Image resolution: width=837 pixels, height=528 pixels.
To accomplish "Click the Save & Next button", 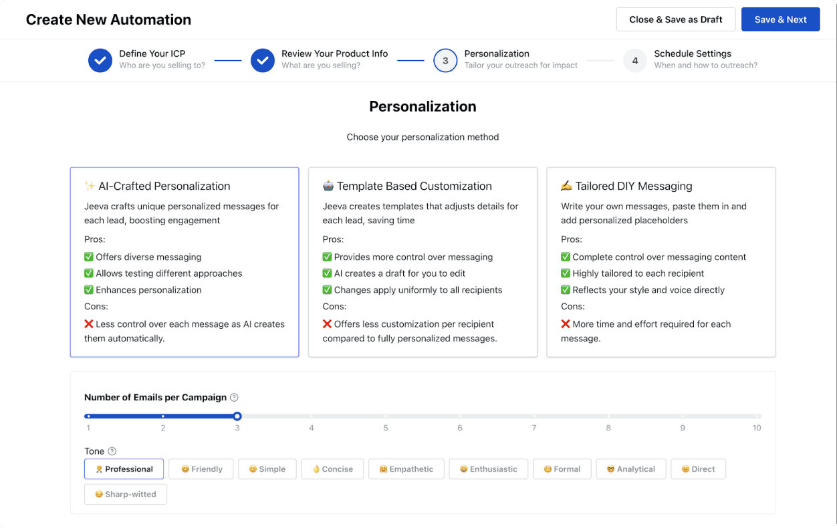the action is (780, 19).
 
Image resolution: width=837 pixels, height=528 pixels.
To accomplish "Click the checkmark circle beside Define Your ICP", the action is (100, 60).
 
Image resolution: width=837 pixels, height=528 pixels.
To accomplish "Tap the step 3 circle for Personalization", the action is (445, 60).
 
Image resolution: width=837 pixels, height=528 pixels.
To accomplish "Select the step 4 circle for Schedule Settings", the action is (635, 60).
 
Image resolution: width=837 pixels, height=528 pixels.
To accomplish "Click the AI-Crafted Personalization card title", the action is (164, 186).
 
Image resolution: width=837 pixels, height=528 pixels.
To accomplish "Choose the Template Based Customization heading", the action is (414, 186).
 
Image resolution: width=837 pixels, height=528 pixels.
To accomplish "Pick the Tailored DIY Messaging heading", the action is (633, 186).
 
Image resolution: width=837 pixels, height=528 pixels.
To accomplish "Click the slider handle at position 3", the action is (237, 416).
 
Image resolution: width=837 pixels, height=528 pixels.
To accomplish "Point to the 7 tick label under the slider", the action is (534, 428).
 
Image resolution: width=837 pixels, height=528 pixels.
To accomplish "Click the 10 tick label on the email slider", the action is (757, 428).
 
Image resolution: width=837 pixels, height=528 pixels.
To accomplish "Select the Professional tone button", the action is (124, 469).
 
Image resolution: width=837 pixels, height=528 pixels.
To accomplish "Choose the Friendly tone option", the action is (201, 469).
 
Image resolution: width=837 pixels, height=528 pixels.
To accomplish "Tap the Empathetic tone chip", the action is (406, 469).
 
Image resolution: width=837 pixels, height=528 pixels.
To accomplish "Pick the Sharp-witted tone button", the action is (126, 494).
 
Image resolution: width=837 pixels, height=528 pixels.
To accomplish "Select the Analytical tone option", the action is (630, 469).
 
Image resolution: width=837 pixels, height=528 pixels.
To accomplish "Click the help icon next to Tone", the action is (112, 451).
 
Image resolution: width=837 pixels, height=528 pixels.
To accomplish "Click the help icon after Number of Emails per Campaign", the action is (234, 397).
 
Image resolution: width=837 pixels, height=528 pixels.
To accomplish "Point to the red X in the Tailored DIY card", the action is (566, 323).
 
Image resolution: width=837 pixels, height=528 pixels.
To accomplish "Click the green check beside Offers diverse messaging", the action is (88, 257).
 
